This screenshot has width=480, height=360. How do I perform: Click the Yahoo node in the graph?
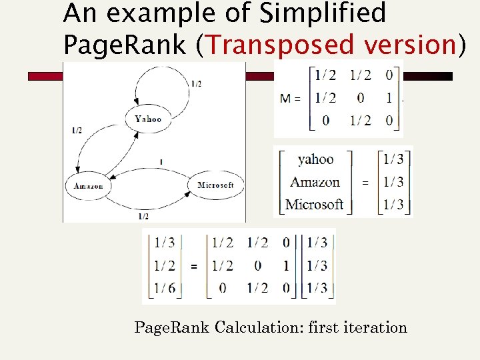point(147,119)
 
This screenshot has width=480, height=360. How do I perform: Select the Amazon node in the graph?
point(88,186)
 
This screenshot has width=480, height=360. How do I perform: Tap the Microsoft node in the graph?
point(215,185)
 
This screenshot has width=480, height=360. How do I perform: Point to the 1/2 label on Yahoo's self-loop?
point(196,83)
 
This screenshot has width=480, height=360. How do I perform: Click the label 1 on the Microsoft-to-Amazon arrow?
point(161,162)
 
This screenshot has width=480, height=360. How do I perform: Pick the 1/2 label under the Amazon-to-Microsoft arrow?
point(143,216)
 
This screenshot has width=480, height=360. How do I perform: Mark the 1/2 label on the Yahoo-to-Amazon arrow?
point(77,131)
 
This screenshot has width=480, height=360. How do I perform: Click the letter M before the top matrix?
point(285,98)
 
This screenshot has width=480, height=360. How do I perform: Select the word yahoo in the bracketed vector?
point(315,159)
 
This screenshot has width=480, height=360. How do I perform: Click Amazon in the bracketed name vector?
point(315,182)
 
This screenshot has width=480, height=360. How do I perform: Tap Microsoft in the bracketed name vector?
point(314,204)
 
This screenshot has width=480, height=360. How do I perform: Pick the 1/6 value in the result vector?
point(165,288)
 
